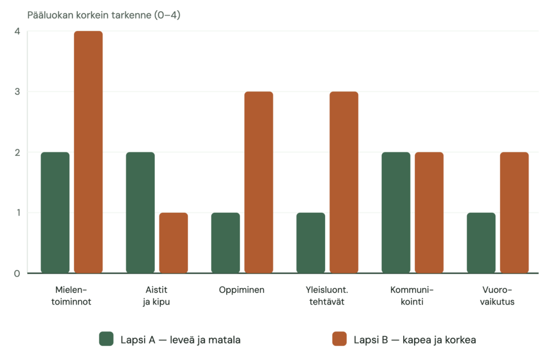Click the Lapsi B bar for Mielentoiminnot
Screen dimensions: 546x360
[x=89, y=152]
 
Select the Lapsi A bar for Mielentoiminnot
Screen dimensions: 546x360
[x=55, y=213]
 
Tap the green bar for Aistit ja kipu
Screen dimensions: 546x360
[x=140, y=213]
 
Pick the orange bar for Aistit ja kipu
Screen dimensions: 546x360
[x=173, y=243]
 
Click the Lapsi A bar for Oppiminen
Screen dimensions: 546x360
[x=226, y=243]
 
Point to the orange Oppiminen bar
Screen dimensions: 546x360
[x=259, y=182]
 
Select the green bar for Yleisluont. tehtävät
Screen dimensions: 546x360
[x=311, y=243]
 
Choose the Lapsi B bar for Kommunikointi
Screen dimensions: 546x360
[x=429, y=213]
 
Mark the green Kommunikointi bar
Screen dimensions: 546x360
[x=396, y=213]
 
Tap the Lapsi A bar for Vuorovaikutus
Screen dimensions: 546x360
[x=481, y=243]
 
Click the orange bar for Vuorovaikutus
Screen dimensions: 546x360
[x=515, y=213]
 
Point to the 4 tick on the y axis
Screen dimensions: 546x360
[x=17, y=31]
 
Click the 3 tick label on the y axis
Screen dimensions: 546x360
[x=17, y=92]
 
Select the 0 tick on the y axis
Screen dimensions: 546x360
[x=17, y=274]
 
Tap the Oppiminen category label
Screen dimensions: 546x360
[x=242, y=290]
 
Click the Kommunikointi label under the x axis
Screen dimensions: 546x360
[x=412, y=295]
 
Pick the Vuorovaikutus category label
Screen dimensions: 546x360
[x=497, y=295]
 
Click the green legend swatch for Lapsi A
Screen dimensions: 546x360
[x=106, y=339]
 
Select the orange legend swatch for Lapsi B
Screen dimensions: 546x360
[x=340, y=339]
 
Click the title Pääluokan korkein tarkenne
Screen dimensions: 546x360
[x=89, y=15]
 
